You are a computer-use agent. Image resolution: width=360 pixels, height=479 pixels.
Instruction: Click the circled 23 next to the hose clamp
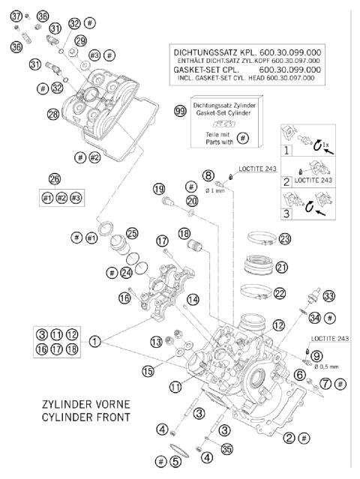point(285,240)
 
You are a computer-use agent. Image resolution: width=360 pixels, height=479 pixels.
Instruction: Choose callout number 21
point(282,267)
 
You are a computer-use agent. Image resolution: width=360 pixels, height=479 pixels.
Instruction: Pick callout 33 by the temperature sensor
point(328,295)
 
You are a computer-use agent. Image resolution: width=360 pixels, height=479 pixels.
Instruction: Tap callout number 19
point(158,188)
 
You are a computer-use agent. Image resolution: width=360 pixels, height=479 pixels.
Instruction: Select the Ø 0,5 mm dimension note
point(318,367)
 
